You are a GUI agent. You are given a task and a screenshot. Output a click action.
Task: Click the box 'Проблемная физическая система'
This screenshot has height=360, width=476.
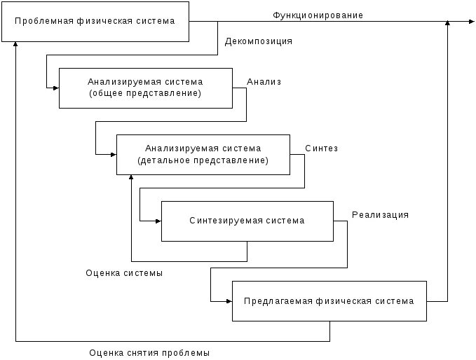(x=95, y=22)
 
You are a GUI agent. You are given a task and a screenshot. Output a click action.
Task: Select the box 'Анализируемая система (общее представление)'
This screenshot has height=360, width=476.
(x=145, y=88)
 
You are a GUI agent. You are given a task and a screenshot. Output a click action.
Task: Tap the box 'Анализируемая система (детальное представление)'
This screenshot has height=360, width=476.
(x=203, y=154)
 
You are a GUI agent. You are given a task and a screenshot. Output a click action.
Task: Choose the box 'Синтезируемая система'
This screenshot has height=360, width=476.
(x=247, y=221)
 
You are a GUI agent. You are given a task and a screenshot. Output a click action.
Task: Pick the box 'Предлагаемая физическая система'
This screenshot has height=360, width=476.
(x=329, y=301)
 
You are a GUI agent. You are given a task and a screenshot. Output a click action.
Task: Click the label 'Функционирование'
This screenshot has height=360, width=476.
(x=318, y=15)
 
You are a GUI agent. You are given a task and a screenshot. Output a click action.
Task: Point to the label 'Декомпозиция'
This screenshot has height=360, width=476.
(x=259, y=41)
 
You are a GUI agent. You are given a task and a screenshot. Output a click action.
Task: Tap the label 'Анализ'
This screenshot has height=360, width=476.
(x=264, y=82)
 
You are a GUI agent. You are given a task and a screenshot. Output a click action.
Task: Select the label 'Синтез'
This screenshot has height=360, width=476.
(x=322, y=148)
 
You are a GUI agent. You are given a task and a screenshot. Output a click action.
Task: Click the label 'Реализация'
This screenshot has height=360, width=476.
(x=380, y=215)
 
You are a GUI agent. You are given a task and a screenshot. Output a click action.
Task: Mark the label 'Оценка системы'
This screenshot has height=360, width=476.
(x=124, y=273)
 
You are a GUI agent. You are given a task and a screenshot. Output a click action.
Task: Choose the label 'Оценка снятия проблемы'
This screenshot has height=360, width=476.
(x=149, y=352)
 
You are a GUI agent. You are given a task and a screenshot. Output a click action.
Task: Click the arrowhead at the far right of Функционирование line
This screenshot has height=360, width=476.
(x=471, y=22)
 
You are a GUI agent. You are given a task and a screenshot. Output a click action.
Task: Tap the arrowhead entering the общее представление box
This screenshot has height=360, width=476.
(x=55, y=88)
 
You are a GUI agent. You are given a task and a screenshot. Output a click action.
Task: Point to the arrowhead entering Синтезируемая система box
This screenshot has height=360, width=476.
(x=158, y=221)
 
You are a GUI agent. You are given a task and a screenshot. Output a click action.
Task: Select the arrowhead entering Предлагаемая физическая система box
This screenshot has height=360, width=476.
(x=229, y=301)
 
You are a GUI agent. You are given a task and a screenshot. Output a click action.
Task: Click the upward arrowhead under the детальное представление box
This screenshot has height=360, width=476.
(x=131, y=178)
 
